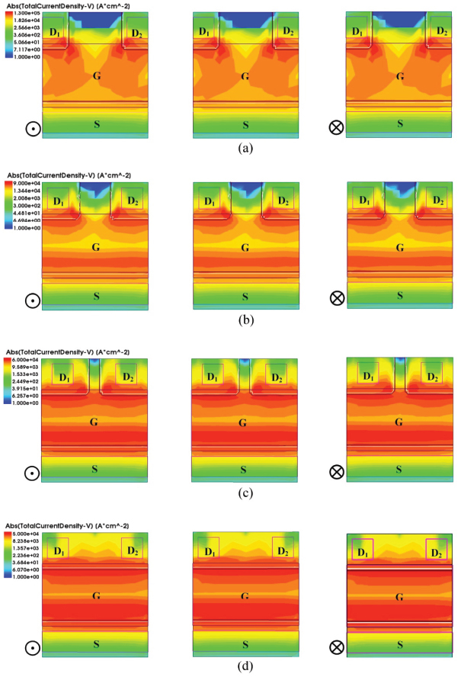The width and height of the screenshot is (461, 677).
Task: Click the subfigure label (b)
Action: [x=245, y=319]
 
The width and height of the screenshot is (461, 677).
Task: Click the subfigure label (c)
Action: [x=245, y=493]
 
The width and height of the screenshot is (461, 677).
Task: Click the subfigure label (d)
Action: [x=245, y=666]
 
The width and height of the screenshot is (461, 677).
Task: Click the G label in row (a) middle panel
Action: [x=245, y=76]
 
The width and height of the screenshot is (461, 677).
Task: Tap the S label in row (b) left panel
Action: [x=96, y=294]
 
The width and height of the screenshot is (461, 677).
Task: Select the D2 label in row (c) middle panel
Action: [x=279, y=377]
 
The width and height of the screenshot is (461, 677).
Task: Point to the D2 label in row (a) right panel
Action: [x=440, y=31]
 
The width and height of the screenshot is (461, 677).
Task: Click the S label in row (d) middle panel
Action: [x=245, y=640]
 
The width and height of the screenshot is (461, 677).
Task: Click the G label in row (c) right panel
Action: [x=398, y=421]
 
